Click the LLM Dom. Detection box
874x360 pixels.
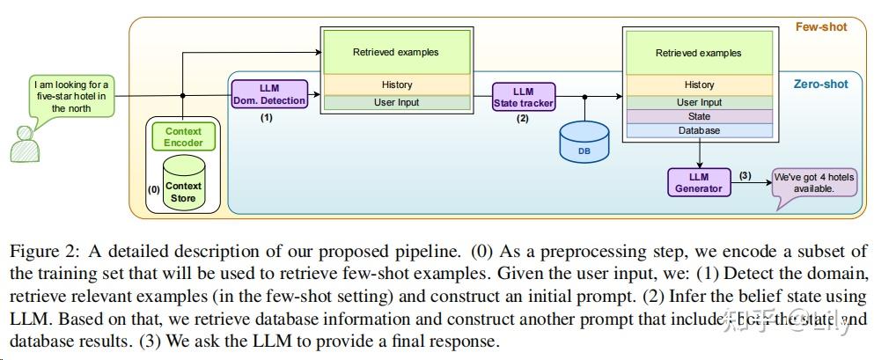pyautogui.click(x=270, y=94)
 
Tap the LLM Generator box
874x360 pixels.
pyautogui.click(x=699, y=182)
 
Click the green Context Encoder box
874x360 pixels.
pyautogui.click(x=183, y=136)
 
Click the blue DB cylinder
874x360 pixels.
pyautogui.click(x=584, y=142)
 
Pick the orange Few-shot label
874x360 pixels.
pyautogui.click(x=820, y=27)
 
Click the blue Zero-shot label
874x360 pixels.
pyautogui.click(x=820, y=84)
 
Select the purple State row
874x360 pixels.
pyautogui.click(x=699, y=116)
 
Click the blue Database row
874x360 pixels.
pyautogui.click(x=699, y=130)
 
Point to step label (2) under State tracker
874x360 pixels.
pyautogui.click(x=523, y=118)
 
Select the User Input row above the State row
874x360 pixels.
pyautogui.click(x=699, y=102)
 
